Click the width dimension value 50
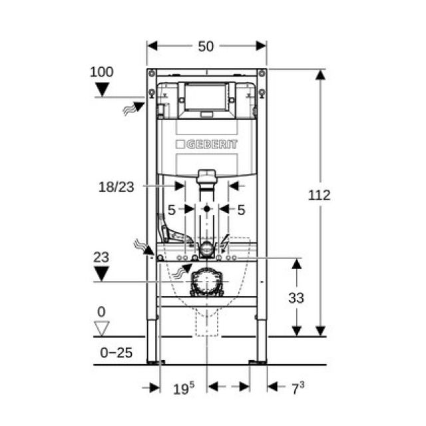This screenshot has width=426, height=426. pos(206,46)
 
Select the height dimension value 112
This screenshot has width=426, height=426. pos(319,195)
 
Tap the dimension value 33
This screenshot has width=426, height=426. pos(296,298)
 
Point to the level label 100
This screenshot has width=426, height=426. pos(101,72)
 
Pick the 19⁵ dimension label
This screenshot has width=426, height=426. pos(184,387)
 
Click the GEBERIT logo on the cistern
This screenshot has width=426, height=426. pos(206,144)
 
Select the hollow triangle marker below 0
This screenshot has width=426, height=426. pos(101,327)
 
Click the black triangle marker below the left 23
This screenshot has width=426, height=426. pos(101,273)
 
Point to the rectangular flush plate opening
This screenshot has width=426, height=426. pos(206,97)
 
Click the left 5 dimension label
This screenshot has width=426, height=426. pos(171,210)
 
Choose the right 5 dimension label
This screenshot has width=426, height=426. pos(241,210)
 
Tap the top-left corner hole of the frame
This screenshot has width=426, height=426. pos(152,73)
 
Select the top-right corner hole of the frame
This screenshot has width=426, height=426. pos(262,73)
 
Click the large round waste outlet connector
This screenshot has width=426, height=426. pos(206,283)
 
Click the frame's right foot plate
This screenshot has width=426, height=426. pos(257,362)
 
